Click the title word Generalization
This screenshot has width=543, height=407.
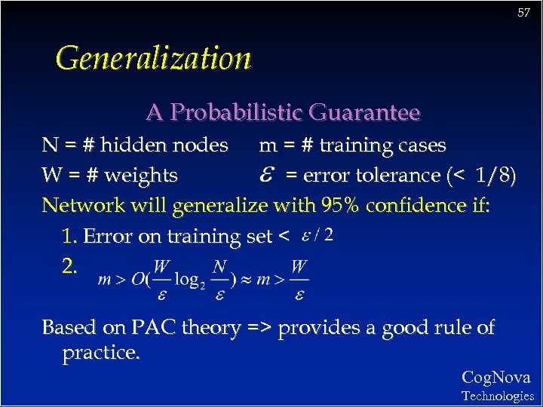[153, 58]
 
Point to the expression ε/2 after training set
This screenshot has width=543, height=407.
[317, 235]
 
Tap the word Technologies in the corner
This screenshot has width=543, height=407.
[497, 396]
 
